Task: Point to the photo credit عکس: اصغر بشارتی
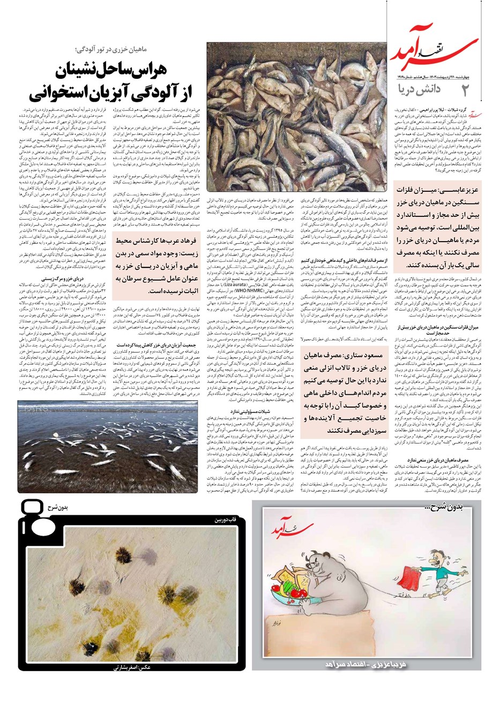pos(131,667)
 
